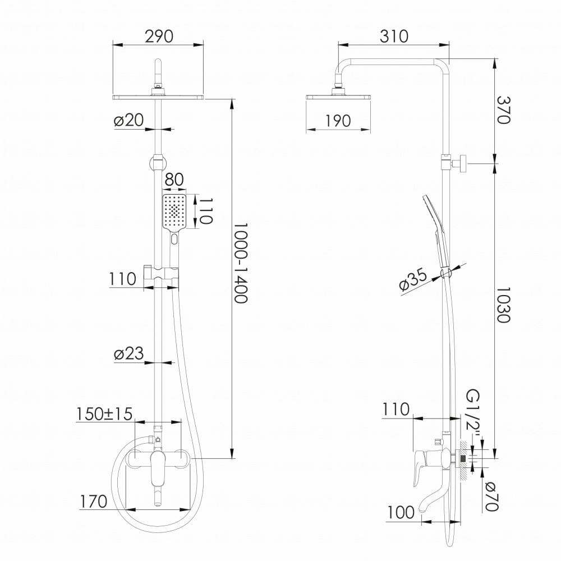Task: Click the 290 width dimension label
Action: tap(159, 36)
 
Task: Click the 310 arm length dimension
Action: tap(394, 36)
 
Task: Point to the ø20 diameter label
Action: tap(129, 120)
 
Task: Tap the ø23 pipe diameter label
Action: tap(129, 353)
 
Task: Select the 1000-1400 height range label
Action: tap(241, 263)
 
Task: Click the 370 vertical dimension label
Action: tap(503, 110)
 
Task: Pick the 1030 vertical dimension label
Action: tap(503, 305)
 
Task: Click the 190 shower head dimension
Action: tap(338, 121)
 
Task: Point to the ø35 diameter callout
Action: tap(413, 279)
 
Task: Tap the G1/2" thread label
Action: tap(473, 416)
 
